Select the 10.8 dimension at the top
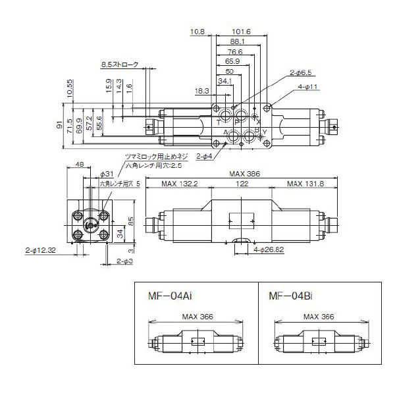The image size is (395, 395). point(197,31)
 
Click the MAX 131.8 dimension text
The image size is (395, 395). point(305,184)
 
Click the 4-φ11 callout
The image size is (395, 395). point(308,86)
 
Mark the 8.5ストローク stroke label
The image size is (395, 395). point(120,65)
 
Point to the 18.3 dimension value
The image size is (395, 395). point(201,91)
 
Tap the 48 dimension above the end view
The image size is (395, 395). point(79,165)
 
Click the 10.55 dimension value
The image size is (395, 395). point(69,88)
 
